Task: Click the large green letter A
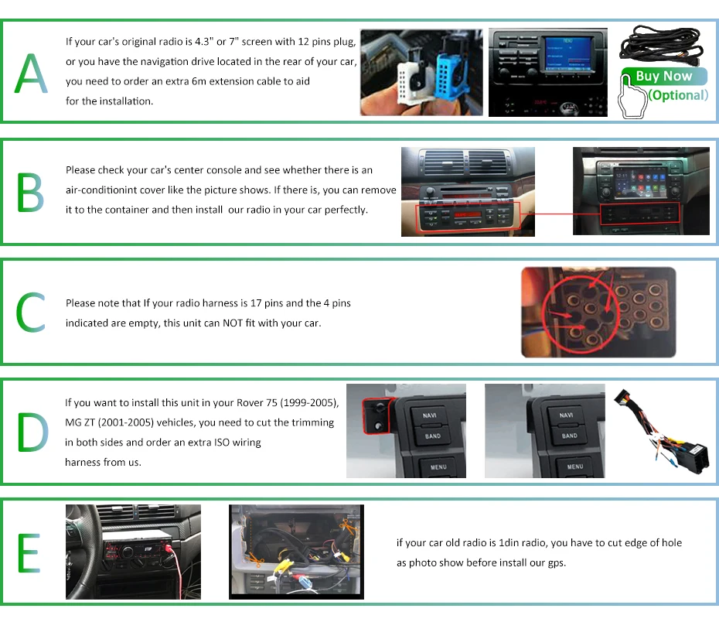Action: tap(31, 74)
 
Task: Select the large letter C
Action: tap(31, 313)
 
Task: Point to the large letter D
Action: tap(32, 432)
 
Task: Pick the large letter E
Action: tap(29, 552)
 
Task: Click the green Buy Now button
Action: tap(663, 77)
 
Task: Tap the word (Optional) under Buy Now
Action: tap(678, 95)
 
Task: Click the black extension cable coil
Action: tap(666, 43)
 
